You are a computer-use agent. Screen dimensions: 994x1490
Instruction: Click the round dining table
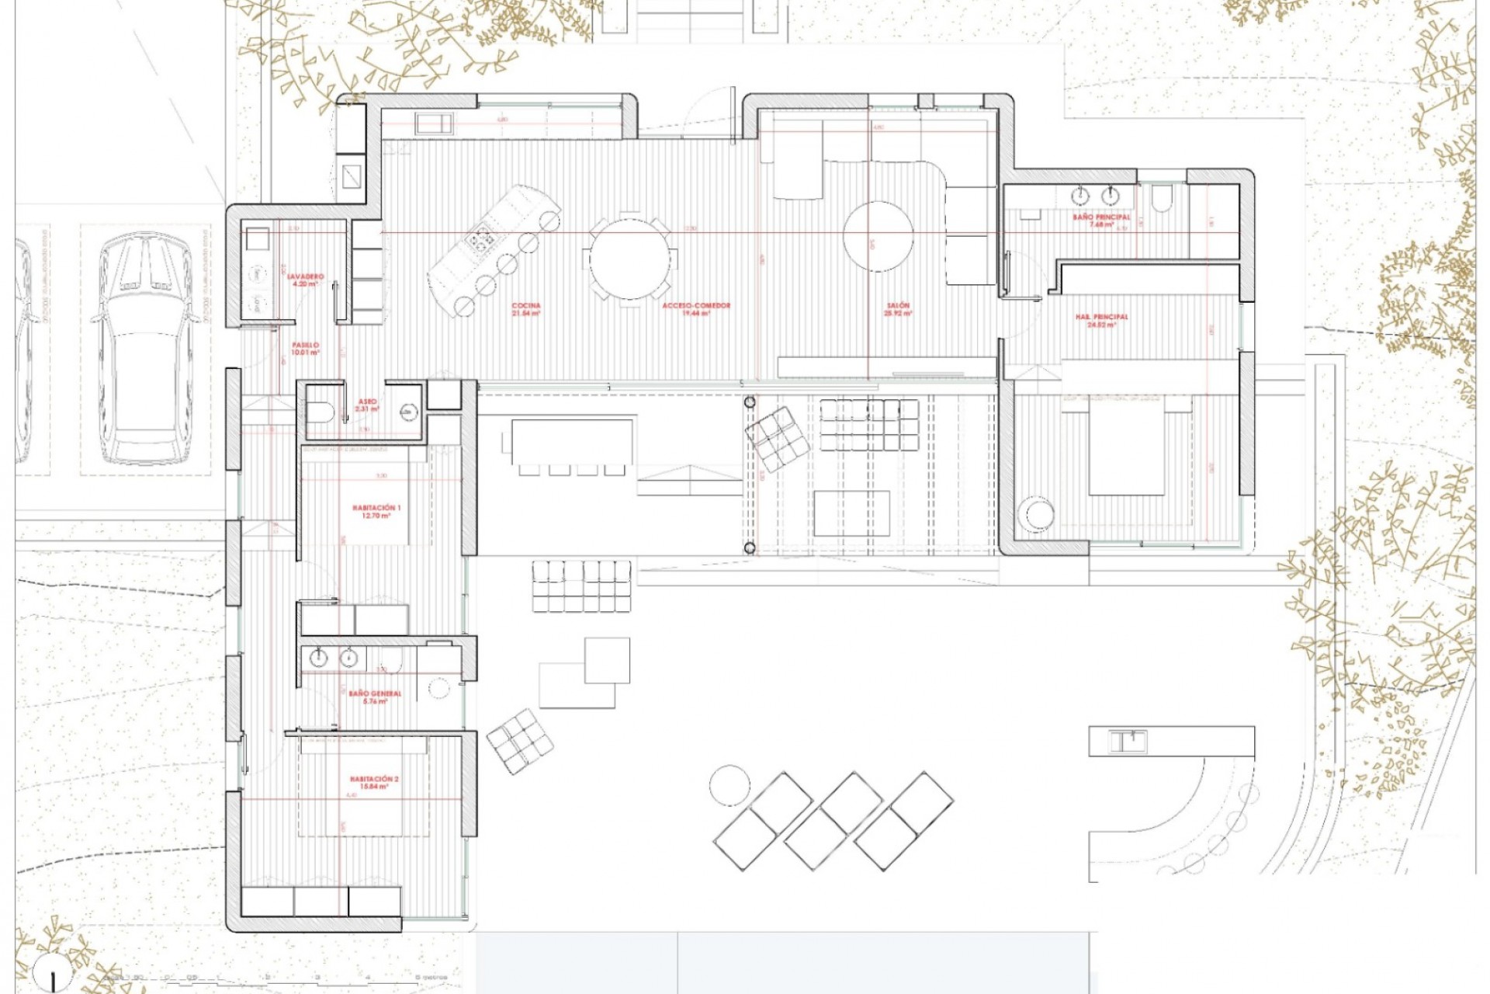click(x=629, y=259)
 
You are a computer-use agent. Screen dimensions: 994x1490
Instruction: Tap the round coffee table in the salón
click(x=878, y=236)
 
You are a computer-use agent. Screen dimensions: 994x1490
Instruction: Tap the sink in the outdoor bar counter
click(x=1128, y=742)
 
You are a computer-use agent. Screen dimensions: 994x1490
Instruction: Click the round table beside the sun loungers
click(x=729, y=784)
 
